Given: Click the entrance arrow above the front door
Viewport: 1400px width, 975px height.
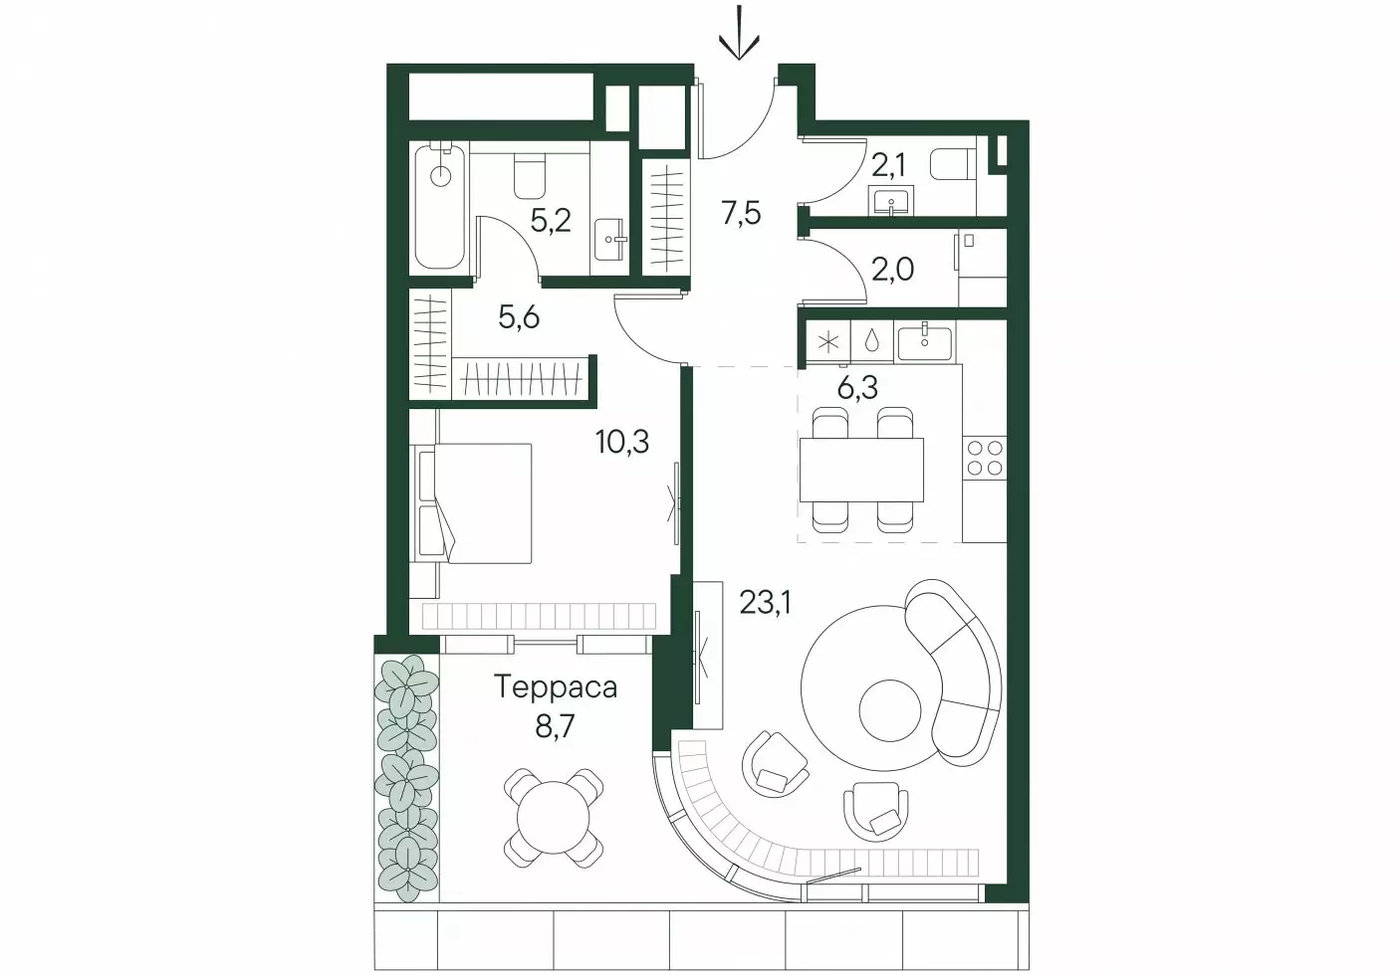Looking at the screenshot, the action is [x=740, y=33].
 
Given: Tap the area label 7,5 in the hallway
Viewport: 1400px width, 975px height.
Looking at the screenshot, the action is [x=741, y=214].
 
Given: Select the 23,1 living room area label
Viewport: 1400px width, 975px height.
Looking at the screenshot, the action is [x=765, y=603].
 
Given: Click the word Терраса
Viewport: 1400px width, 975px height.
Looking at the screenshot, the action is [x=556, y=687].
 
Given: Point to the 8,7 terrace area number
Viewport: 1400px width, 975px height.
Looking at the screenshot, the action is [x=555, y=727].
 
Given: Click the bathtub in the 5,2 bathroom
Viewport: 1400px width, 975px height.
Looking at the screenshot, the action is [x=441, y=206].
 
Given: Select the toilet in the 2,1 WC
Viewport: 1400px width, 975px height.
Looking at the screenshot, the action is [x=953, y=165].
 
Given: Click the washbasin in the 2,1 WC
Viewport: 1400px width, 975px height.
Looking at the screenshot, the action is [x=890, y=201].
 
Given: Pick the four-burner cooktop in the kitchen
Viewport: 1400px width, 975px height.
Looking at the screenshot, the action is [x=985, y=458].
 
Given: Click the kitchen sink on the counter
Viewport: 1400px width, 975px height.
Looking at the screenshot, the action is [x=924, y=344].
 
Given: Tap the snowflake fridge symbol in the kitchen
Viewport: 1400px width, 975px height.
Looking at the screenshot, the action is [x=828, y=342].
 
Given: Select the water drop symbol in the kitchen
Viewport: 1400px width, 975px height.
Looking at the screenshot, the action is [x=871, y=341].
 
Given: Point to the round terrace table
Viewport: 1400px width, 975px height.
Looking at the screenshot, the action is [x=554, y=817].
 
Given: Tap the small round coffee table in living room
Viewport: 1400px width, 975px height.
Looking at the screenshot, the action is [x=890, y=710].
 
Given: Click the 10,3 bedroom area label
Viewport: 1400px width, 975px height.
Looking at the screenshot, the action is [x=622, y=442].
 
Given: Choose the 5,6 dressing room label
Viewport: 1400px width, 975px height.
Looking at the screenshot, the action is [x=519, y=317].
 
